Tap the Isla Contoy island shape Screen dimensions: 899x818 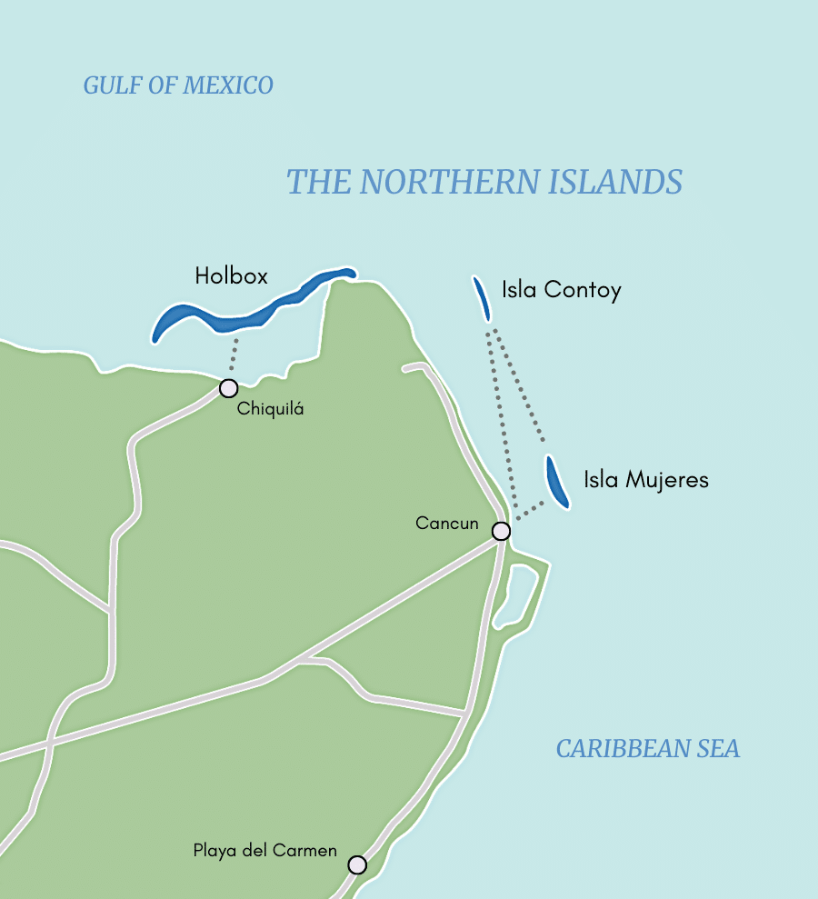(x=482, y=299)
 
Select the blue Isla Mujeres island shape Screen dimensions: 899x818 (x=556, y=482)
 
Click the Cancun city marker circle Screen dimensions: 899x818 (x=501, y=531)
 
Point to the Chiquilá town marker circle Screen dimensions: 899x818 (x=228, y=388)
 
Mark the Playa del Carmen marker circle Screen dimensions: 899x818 (x=357, y=864)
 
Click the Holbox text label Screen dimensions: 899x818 (x=232, y=275)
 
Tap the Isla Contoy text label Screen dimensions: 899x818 (x=561, y=290)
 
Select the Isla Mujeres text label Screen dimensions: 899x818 (x=645, y=479)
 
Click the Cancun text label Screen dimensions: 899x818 (x=446, y=524)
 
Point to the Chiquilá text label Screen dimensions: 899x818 (x=270, y=409)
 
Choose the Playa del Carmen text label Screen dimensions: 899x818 (x=264, y=851)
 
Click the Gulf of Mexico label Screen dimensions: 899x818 (x=178, y=85)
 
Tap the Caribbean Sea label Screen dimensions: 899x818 (x=647, y=749)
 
